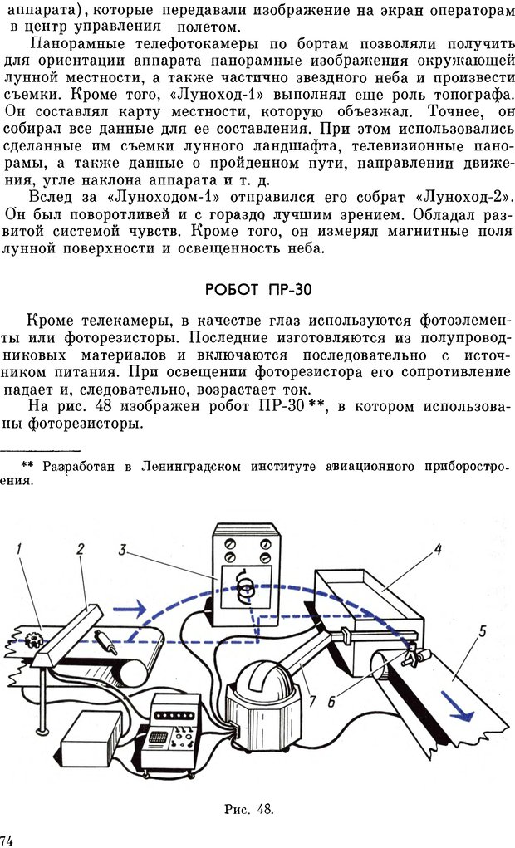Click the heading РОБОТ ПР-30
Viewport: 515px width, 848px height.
coord(257,289)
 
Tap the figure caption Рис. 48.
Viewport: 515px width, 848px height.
coord(248,807)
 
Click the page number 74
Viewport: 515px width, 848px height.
coord(7,840)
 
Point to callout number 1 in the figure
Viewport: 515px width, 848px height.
coord(18,549)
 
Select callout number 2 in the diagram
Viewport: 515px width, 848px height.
coord(80,549)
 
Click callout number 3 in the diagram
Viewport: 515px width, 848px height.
coord(122,549)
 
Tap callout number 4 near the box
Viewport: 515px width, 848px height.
coord(437,548)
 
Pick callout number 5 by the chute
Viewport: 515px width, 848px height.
coord(481,630)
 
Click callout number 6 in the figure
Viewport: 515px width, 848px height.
coord(331,702)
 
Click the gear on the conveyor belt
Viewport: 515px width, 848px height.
coord(34,640)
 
